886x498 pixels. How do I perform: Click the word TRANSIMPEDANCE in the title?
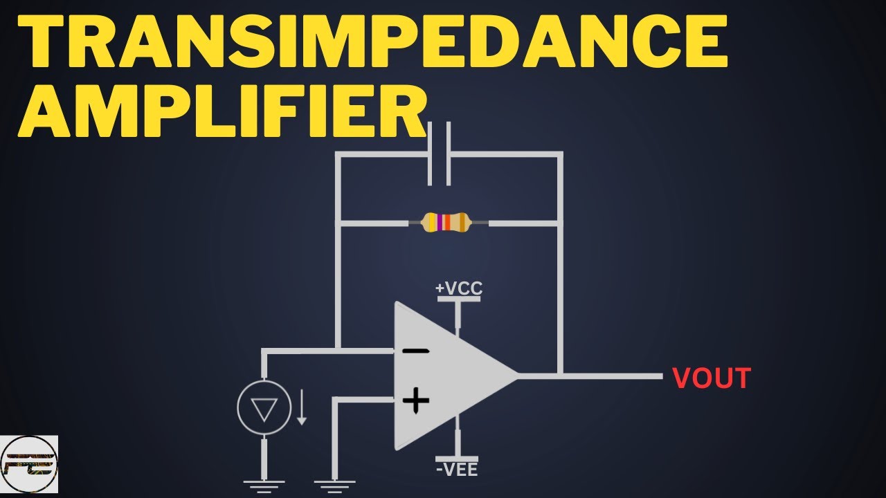tap(372, 41)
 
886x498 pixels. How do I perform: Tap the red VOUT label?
tap(712, 378)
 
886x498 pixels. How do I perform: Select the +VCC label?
tap(459, 288)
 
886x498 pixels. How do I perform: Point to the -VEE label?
tap(457, 470)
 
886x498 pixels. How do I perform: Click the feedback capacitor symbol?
tap(439, 154)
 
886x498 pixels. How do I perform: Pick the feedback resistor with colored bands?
tap(448, 223)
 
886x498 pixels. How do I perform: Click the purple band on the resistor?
tap(440, 222)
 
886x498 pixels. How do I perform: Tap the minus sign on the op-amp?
tap(415, 351)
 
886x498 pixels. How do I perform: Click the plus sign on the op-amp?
tap(416, 400)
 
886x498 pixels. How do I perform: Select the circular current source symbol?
tap(264, 407)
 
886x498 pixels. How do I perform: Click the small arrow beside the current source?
tap(302, 407)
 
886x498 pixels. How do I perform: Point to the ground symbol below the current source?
tap(264, 486)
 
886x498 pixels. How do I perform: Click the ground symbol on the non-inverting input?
tap(334, 486)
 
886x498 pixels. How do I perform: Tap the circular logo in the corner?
tap(29, 464)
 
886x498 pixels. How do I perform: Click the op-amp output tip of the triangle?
tap(517, 376)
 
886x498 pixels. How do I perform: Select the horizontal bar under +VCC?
tap(459, 299)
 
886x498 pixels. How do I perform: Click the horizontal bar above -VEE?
tap(457, 459)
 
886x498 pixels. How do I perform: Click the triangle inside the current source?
tap(264, 409)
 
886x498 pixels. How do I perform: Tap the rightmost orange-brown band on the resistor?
tap(462, 222)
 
